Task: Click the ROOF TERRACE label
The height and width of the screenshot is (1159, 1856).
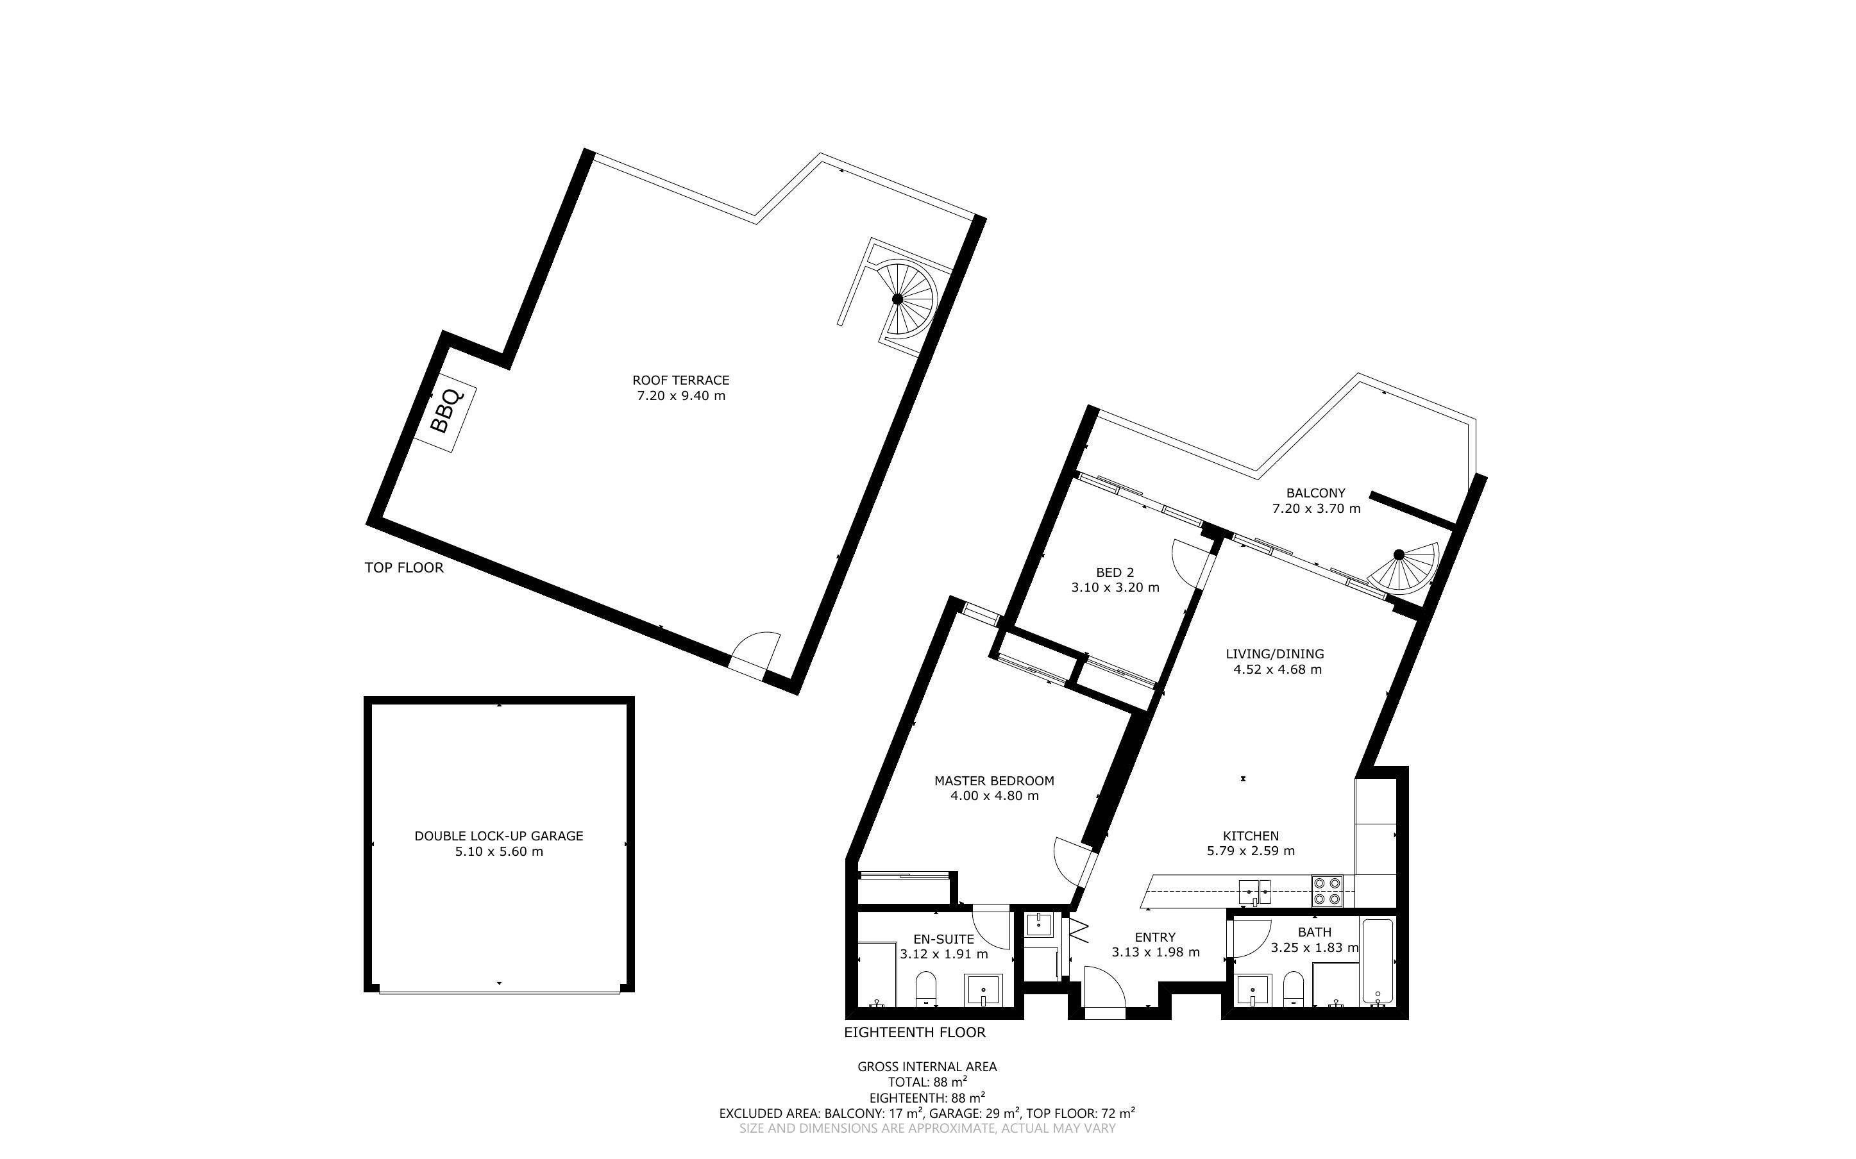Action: point(680,380)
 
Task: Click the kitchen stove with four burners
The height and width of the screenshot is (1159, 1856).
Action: point(1326,892)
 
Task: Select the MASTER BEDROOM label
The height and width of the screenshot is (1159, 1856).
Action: point(994,781)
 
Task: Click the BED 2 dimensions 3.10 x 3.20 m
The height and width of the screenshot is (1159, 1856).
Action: point(1115,588)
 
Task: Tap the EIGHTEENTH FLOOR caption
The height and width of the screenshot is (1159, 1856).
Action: point(915,1033)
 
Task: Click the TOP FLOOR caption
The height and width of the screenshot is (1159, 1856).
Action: point(404,568)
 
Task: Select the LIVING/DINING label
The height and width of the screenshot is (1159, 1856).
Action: point(1275,654)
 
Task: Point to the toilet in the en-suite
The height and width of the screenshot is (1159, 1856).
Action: point(926,989)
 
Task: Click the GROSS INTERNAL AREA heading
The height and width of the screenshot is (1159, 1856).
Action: point(927,1066)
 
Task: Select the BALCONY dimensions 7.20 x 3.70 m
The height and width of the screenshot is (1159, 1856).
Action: point(1316,508)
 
